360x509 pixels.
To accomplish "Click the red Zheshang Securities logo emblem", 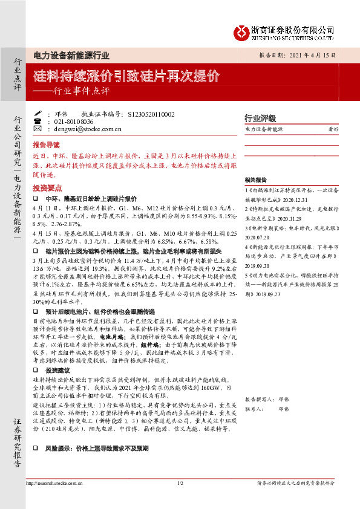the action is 242,31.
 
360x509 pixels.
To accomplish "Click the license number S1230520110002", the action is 152,114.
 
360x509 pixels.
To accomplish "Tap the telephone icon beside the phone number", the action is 38,121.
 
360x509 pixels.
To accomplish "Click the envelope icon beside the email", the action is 38,129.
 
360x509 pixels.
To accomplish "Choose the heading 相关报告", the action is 255,180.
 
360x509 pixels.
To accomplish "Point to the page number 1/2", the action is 180,484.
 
